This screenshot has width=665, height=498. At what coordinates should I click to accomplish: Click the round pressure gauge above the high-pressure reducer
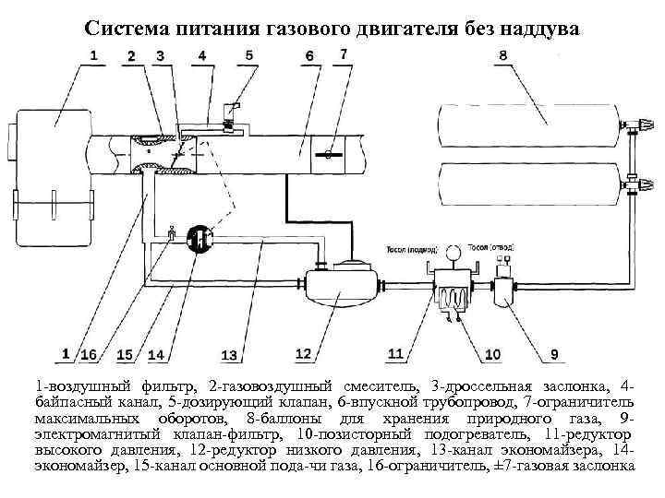(453, 253)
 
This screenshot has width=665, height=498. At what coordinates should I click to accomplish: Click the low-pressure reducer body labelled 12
(341, 285)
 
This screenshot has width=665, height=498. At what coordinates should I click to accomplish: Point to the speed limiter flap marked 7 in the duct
(329, 154)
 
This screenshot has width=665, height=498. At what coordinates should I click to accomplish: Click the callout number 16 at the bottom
(90, 354)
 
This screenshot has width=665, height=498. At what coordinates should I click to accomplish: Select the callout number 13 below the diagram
(228, 355)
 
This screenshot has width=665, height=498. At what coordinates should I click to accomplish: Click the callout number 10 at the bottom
(492, 354)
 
